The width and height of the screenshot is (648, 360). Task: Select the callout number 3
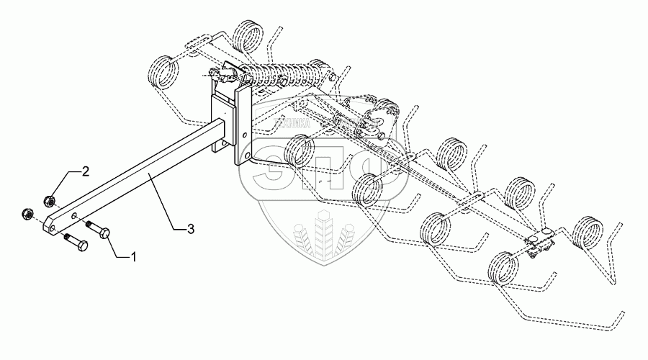click(x=189, y=229)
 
